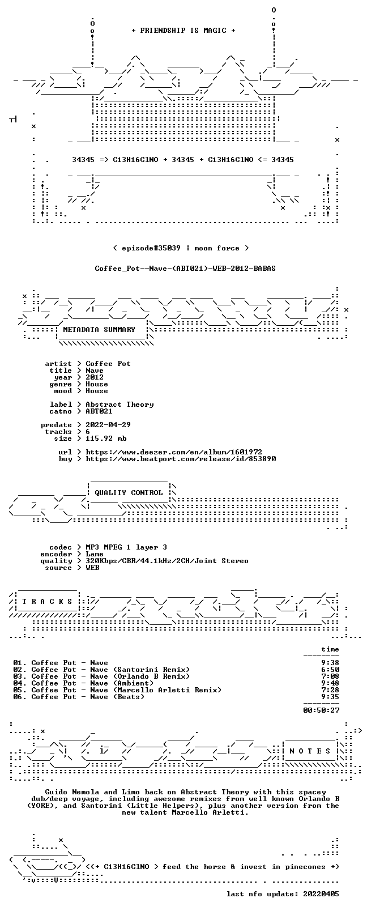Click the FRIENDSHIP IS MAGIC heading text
tap(183, 31)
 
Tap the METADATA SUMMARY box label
tap(99, 329)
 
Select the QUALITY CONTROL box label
tap(129, 492)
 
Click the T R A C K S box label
tap(47, 602)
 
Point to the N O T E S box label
tap(310, 751)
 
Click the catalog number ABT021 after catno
tap(99, 411)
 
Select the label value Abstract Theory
tap(120, 405)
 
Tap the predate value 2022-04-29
tap(108, 424)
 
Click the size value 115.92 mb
tap(106, 439)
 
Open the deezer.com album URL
tap(174, 452)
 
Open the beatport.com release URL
tap(181, 459)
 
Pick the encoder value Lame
tap(94, 554)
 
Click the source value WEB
tap(92, 567)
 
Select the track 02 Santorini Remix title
tap(110, 670)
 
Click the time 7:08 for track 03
tap(330, 676)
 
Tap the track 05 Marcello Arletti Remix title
tap(126, 689)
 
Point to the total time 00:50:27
tap(321, 710)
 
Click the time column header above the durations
tap(330, 649)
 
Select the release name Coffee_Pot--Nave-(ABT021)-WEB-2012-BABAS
tap(185, 269)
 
